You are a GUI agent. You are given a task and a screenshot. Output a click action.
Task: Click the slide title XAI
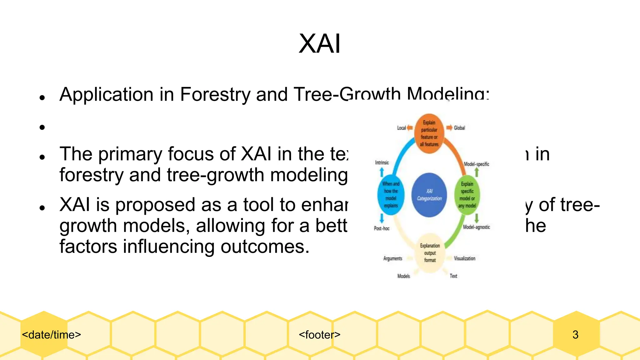tap(319, 44)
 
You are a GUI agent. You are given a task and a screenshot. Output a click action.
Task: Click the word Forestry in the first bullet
tap(215, 94)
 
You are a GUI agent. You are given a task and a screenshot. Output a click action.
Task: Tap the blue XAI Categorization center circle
tap(429, 195)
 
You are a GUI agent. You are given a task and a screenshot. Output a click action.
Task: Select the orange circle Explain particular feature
tap(429, 134)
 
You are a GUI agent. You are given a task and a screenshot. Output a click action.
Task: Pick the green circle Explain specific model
tap(467, 195)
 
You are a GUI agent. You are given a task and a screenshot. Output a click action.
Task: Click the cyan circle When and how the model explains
tap(391, 195)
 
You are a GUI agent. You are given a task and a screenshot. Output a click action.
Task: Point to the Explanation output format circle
tap(430, 253)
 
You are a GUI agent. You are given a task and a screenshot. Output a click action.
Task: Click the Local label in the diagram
tap(401, 128)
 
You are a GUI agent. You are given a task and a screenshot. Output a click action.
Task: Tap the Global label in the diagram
tap(459, 128)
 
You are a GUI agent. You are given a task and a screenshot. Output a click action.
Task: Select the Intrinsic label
tap(382, 162)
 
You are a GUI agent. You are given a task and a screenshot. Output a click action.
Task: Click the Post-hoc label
tap(382, 228)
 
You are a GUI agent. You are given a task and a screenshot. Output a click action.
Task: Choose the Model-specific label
tap(476, 164)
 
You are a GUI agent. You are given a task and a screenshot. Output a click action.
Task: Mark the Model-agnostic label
tap(476, 227)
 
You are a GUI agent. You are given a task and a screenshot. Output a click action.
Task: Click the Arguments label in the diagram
tap(392, 258)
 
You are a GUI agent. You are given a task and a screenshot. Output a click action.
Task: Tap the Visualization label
tap(464, 258)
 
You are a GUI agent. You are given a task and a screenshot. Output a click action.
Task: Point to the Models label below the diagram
tap(403, 276)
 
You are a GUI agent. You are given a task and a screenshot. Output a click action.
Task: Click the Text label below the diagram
tap(453, 276)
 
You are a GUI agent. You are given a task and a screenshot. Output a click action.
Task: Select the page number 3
tap(575, 335)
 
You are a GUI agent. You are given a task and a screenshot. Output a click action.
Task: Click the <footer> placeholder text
tap(319, 335)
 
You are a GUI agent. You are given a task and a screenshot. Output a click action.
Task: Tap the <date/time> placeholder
tap(52, 335)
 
